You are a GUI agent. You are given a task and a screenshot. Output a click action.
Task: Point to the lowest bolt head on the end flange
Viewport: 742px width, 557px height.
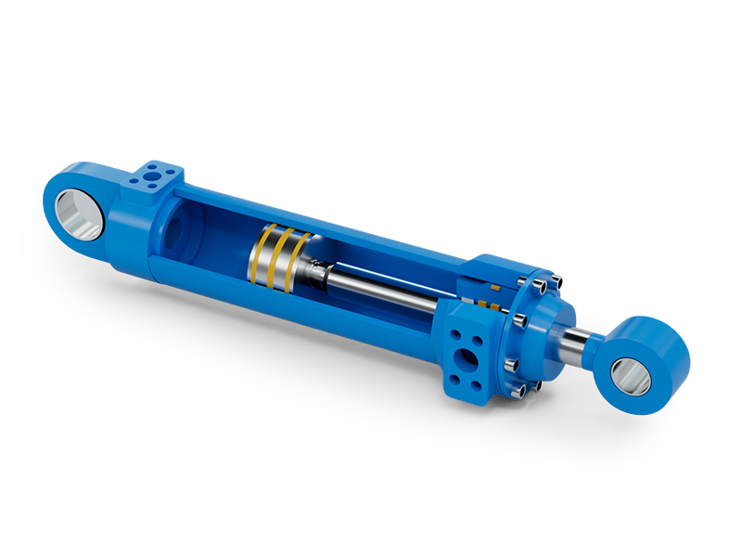click(x=519, y=391)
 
